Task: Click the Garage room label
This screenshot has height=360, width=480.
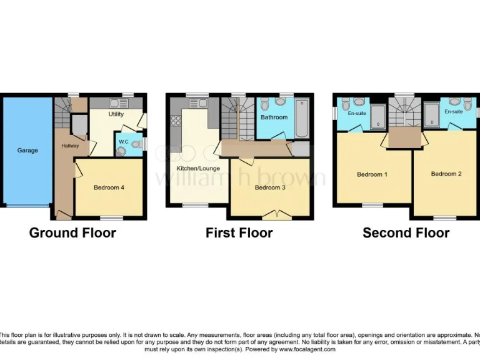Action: (27, 151)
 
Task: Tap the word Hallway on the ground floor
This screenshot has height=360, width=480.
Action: (70, 146)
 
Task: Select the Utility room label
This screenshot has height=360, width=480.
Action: (116, 114)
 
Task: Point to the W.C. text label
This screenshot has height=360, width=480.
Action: (124, 142)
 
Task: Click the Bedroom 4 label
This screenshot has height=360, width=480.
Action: (109, 187)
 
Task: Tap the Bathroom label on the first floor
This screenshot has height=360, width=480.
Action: (274, 117)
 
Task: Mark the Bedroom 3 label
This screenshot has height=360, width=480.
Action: (271, 187)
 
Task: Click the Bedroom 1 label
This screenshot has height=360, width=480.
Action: (372, 174)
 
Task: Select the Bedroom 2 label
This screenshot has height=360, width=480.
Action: (446, 174)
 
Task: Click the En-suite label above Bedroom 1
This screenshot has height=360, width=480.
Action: (357, 114)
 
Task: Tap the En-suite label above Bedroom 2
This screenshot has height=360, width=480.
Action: (453, 111)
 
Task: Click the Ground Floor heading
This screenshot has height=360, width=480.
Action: (72, 233)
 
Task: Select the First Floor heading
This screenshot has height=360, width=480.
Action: (239, 233)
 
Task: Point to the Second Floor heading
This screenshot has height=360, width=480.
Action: (406, 233)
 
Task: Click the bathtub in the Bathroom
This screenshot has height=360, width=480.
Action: (302, 117)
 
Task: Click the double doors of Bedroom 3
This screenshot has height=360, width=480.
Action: (273, 216)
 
